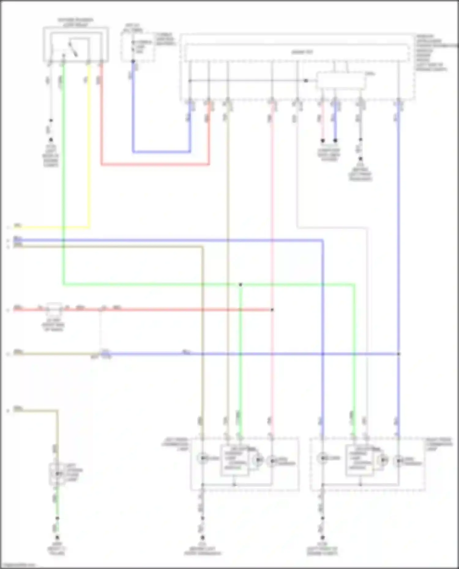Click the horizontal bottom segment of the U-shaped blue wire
[162, 152]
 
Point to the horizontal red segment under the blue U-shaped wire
[155, 164]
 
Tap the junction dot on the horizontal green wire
[241, 285]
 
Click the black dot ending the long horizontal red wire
[272, 310]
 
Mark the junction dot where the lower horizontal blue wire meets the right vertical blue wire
[398, 354]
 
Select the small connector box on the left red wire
[54, 309]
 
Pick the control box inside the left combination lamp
[234, 461]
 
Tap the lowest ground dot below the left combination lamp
[202, 537]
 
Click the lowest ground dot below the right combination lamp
[322, 537]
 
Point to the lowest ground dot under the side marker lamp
[57, 537]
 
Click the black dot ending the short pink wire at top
[323, 141]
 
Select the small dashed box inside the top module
[341, 80]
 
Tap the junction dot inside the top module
[306, 81]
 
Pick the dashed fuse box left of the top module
[138, 46]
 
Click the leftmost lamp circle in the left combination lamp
[203, 458]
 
